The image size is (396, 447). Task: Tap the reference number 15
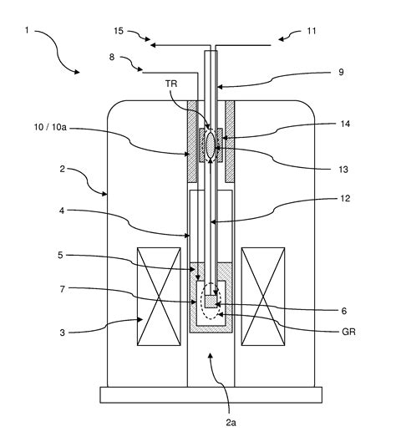click(118, 31)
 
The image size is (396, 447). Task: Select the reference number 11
click(312, 31)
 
